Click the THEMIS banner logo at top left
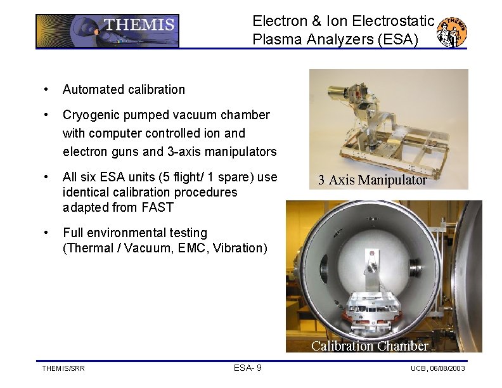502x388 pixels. (107, 31)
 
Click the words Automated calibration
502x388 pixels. (124, 89)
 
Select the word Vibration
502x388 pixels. (238, 248)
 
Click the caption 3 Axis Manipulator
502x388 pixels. (372, 180)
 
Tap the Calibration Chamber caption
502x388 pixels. (370, 346)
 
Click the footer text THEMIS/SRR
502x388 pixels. (63, 368)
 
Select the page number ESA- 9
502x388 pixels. (248, 368)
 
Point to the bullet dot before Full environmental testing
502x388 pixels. (45, 233)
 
